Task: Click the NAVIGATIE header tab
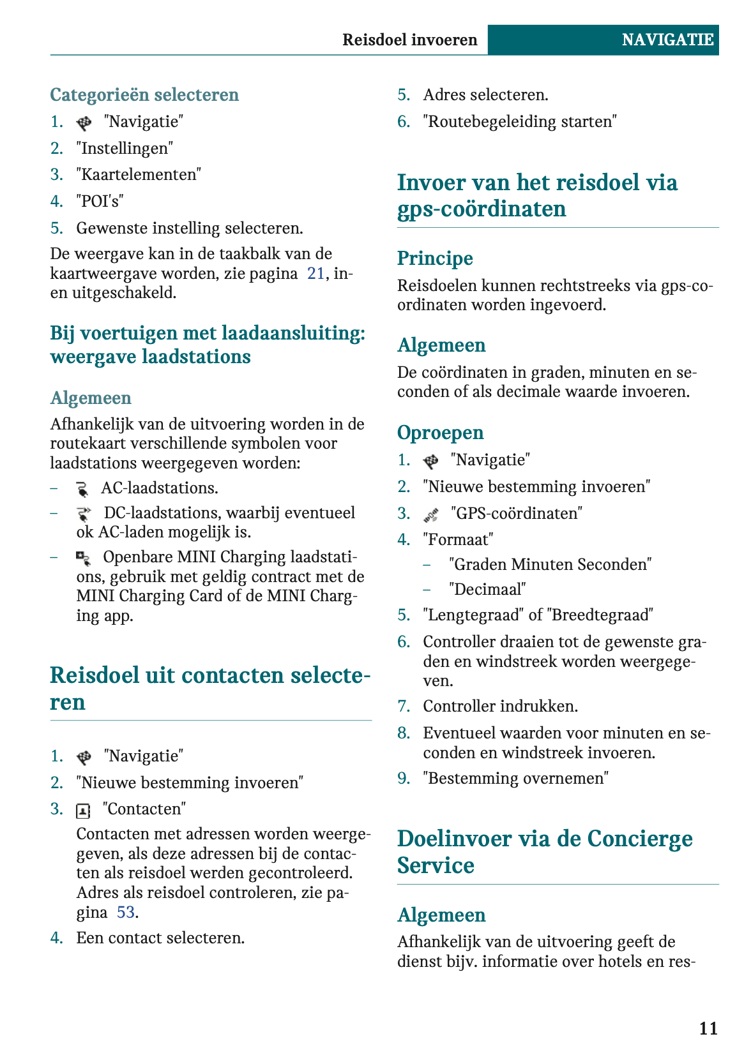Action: coord(667,40)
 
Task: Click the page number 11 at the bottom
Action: coord(708,1028)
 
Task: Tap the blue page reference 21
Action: coord(316,273)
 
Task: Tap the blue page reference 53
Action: coord(126,912)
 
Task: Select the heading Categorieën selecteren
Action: coord(144,94)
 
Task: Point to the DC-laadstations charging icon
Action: coord(83,514)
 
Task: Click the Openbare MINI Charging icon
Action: coord(83,558)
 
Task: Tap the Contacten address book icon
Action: coord(83,811)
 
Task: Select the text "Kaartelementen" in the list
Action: coord(139,174)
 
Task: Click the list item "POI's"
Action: coord(100,201)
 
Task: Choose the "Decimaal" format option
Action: coord(487,589)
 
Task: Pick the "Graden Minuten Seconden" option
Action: coord(550,564)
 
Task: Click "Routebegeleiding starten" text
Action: coord(520,121)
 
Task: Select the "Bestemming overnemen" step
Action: coord(515,778)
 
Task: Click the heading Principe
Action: coord(435,258)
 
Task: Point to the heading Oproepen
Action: coord(440,433)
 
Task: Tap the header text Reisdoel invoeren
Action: coord(409,40)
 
